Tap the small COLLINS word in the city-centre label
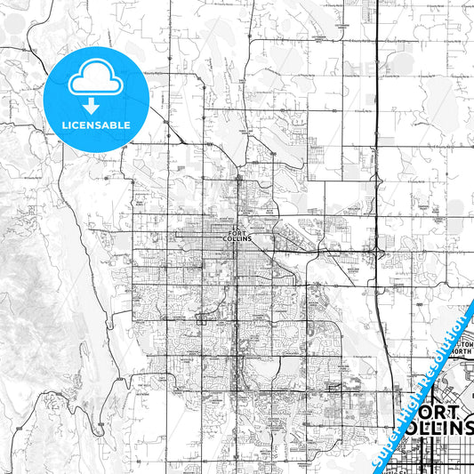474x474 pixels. tap(238, 240)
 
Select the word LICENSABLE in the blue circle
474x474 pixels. tap(95, 125)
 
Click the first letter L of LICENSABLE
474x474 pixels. tap(64, 125)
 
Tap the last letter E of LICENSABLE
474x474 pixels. tap(127, 125)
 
